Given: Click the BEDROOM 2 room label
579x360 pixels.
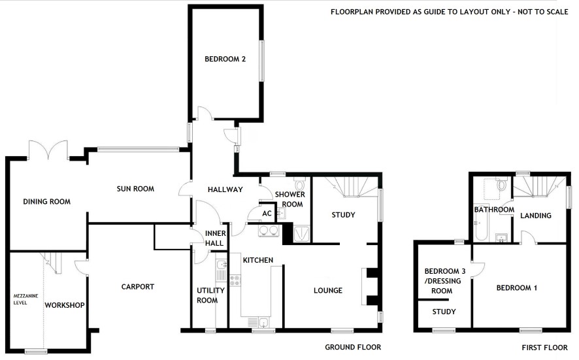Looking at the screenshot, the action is click(x=225, y=59).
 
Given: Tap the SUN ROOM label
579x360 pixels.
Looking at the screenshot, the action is click(x=135, y=189).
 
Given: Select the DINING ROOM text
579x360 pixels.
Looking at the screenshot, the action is click(x=46, y=202).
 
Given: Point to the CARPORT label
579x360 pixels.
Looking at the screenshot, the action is click(x=138, y=287).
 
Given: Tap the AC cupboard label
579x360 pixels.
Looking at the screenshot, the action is click(x=267, y=214).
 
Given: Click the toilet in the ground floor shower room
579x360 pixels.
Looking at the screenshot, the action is click(x=299, y=184).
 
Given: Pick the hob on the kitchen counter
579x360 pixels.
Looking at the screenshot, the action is click(x=235, y=280).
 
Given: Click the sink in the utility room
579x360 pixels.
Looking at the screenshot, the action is click(x=222, y=265).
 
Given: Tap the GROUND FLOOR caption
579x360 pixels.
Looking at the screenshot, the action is click(x=353, y=347).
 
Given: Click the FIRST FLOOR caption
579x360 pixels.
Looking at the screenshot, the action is click(x=544, y=348).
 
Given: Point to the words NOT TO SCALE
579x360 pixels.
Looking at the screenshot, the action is click(x=543, y=12).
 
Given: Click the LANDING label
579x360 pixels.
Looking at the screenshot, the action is click(x=535, y=216).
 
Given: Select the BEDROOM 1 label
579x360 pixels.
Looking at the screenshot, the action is click(x=517, y=288).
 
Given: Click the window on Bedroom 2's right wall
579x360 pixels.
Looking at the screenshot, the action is click(x=262, y=61).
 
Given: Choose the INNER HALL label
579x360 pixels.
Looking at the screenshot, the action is click(x=215, y=238).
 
